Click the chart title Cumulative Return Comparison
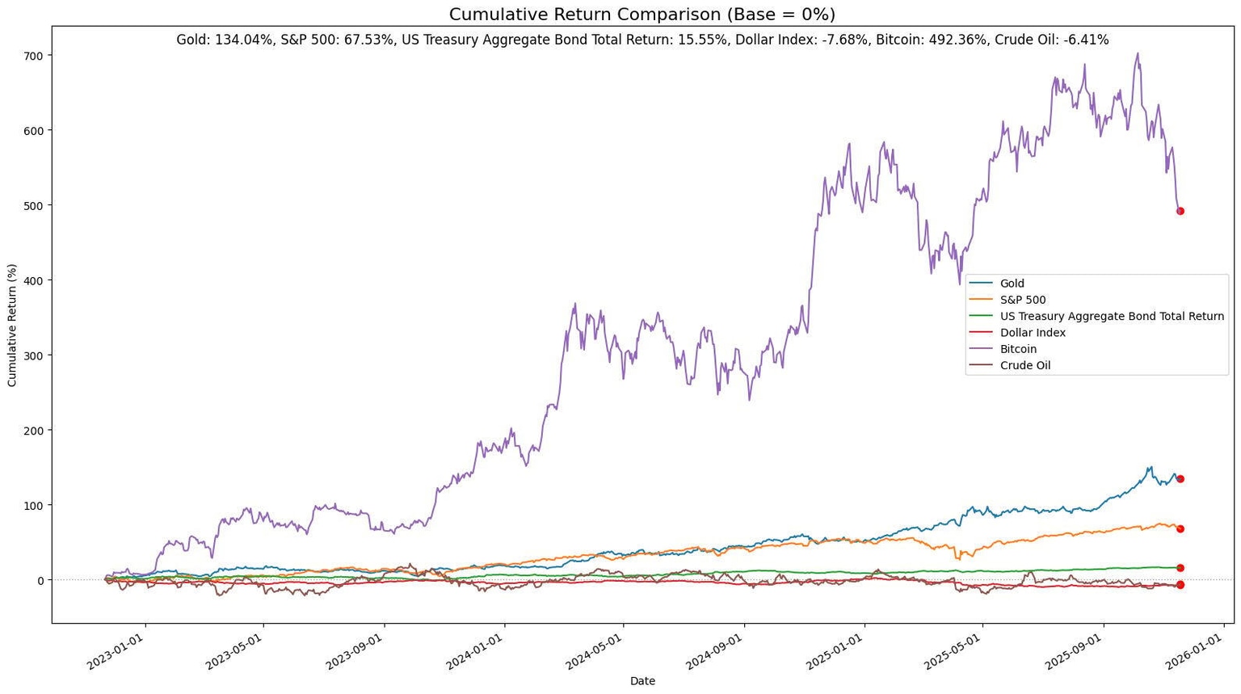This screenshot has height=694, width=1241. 642,15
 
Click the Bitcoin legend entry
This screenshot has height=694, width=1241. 1018,349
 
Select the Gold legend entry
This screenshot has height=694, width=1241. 1012,284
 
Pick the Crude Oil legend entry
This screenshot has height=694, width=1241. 1024,365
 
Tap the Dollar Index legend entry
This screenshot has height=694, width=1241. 1033,333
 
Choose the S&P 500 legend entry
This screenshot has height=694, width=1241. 1022,300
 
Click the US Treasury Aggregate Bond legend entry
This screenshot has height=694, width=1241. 1111,317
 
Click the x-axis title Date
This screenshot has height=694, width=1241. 642,681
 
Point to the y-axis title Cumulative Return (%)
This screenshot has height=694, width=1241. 12,325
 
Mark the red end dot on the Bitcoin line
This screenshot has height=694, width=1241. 1180,211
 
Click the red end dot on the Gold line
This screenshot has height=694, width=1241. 1180,479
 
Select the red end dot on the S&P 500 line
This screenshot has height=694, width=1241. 1180,528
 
